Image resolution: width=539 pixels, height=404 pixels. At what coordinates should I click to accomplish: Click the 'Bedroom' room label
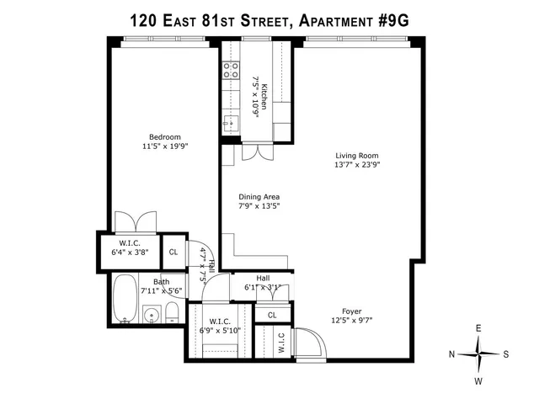(x=165, y=137)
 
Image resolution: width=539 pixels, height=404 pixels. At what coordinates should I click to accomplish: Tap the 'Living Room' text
(x=356, y=156)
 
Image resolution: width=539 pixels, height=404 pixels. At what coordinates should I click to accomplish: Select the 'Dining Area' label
(x=259, y=196)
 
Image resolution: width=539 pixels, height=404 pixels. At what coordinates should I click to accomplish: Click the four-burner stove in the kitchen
(x=230, y=72)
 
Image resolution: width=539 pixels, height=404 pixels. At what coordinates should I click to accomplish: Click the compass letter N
(x=453, y=354)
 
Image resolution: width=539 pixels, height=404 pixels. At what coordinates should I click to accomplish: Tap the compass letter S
(x=505, y=354)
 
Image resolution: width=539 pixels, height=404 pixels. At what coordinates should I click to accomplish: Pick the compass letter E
(x=478, y=328)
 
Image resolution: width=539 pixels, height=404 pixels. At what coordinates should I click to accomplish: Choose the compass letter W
(x=478, y=380)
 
